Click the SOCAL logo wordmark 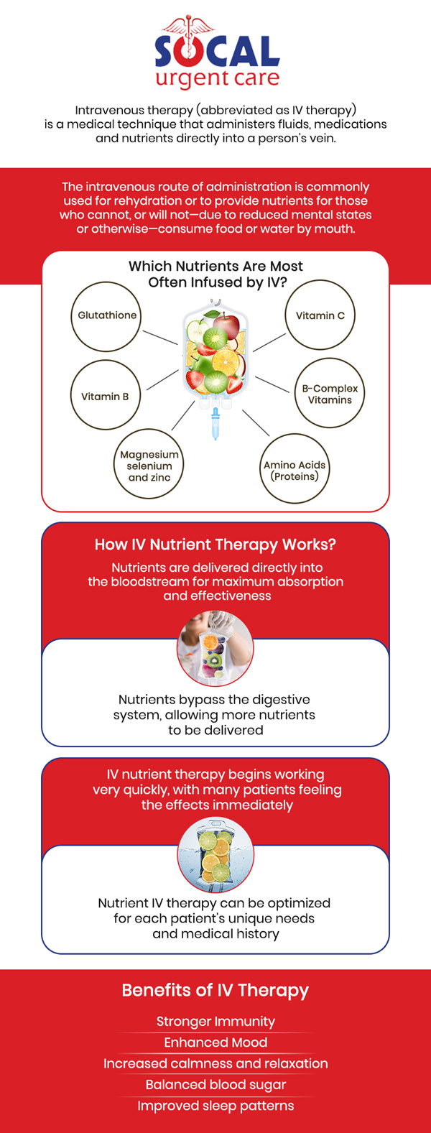point(217,52)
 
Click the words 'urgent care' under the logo point(217,79)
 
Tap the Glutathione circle point(106,316)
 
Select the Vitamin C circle point(320,316)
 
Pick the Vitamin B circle point(106,396)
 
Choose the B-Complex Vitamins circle point(330,394)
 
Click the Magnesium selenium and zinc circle point(149,466)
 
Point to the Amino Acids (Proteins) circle point(295,470)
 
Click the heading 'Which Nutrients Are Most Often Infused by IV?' point(216,274)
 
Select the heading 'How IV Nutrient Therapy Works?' point(215,545)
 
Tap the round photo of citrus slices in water point(215,855)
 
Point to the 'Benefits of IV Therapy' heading point(215,990)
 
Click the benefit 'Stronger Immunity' point(215,1022)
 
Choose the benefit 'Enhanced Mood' point(215,1042)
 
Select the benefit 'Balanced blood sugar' point(215,1085)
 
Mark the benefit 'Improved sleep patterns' point(215,1106)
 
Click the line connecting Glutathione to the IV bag point(159,337)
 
